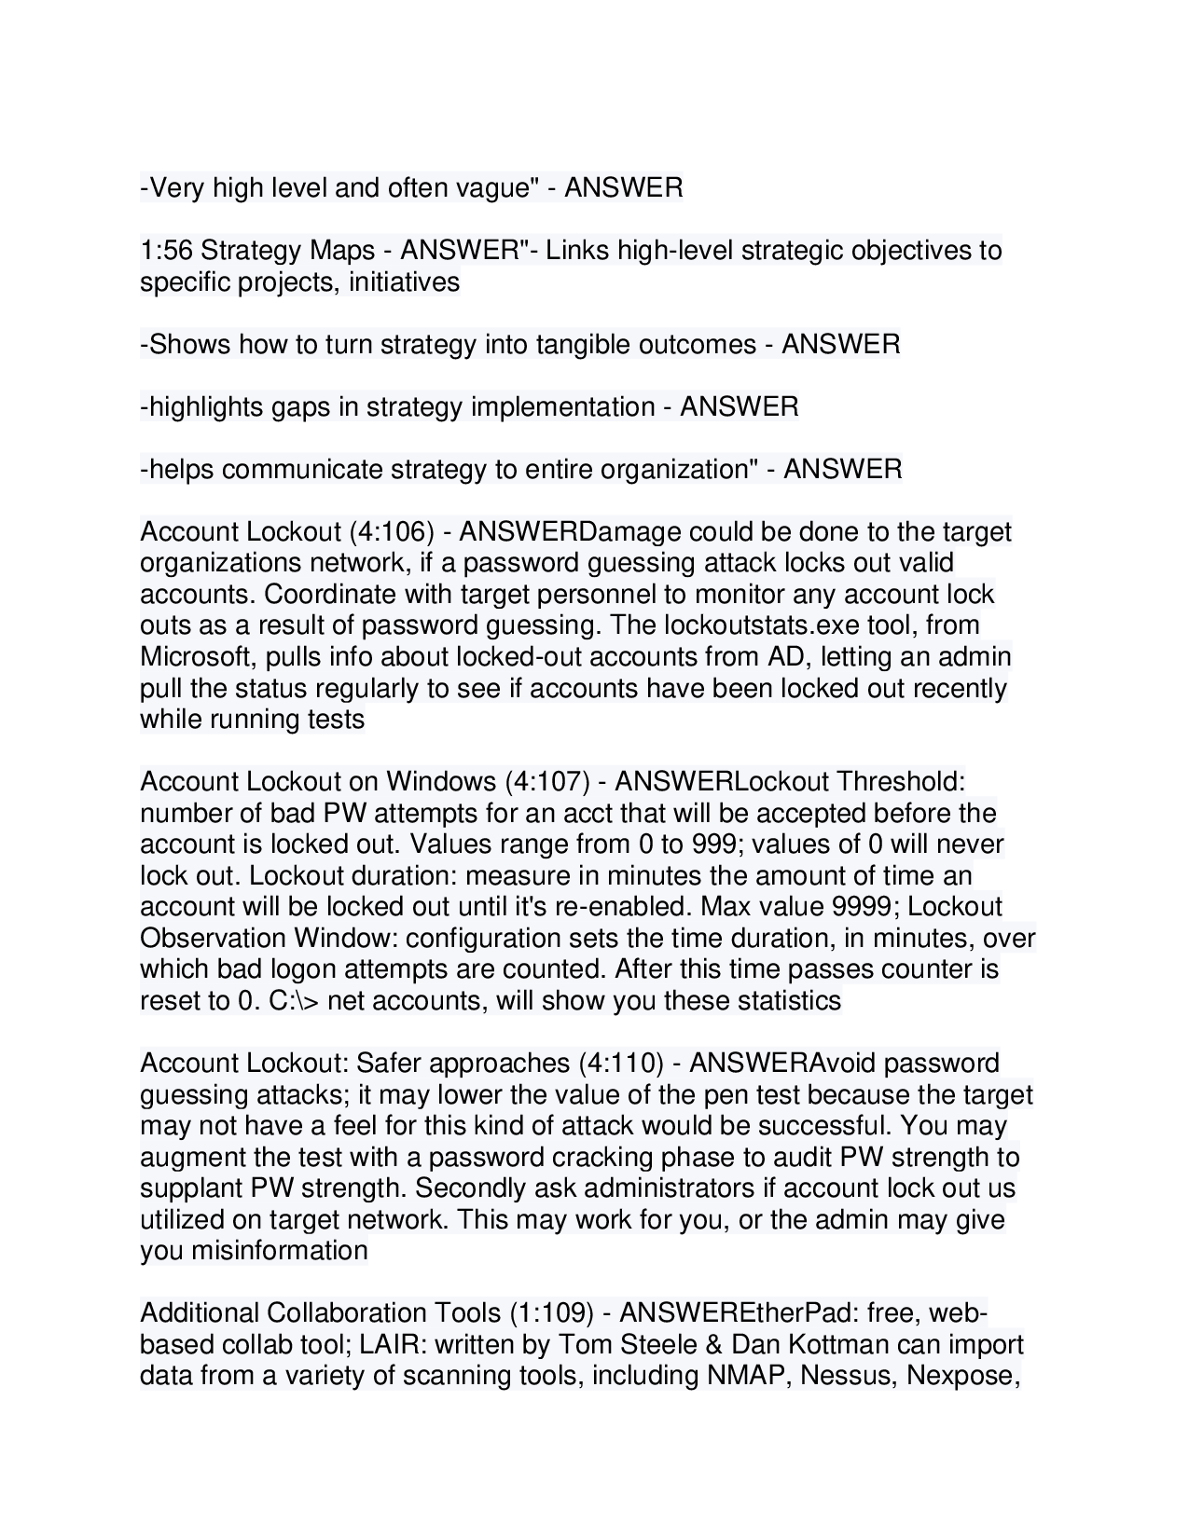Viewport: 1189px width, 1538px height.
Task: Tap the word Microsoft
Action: pos(194,657)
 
